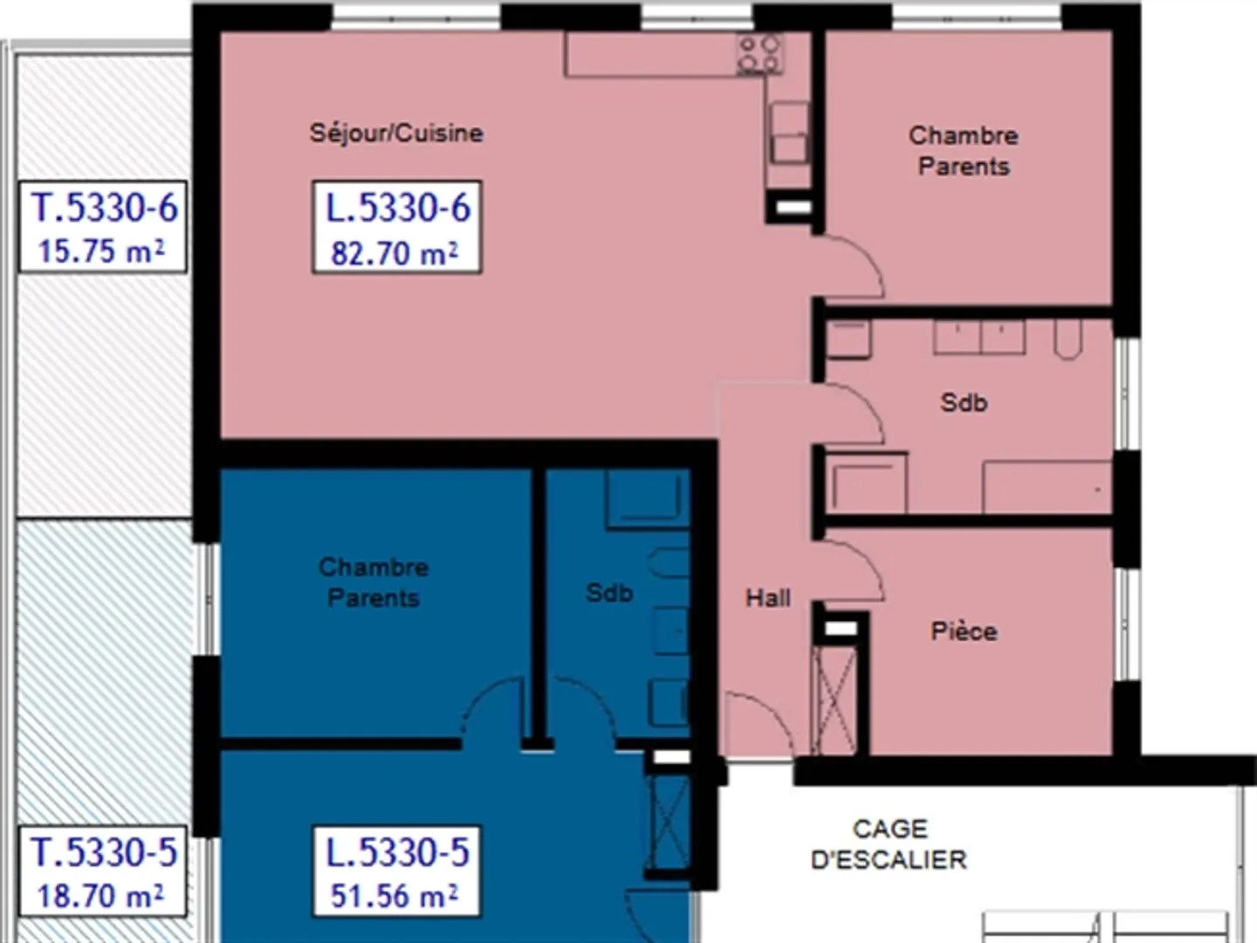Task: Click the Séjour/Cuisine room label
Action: point(396,133)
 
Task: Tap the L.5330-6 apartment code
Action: point(397,208)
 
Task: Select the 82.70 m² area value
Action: point(395,253)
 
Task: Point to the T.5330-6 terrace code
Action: point(104,208)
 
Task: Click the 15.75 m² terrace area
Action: point(101,251)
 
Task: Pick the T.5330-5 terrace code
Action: point(104,852)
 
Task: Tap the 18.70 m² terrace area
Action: point(100,896)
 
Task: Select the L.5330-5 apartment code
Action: point(397,852)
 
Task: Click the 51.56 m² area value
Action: point(395,896)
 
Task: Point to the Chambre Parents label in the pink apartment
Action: point(964,150)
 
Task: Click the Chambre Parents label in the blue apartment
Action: point(374,582)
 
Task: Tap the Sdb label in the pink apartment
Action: point(964,403)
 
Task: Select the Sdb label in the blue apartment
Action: point(609,593)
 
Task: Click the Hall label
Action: point(768,598)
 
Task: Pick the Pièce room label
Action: point(964,631)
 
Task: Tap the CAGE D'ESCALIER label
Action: point(890,844)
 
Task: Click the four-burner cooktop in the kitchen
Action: point(759,54)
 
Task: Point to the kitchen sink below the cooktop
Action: point(789,133)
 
